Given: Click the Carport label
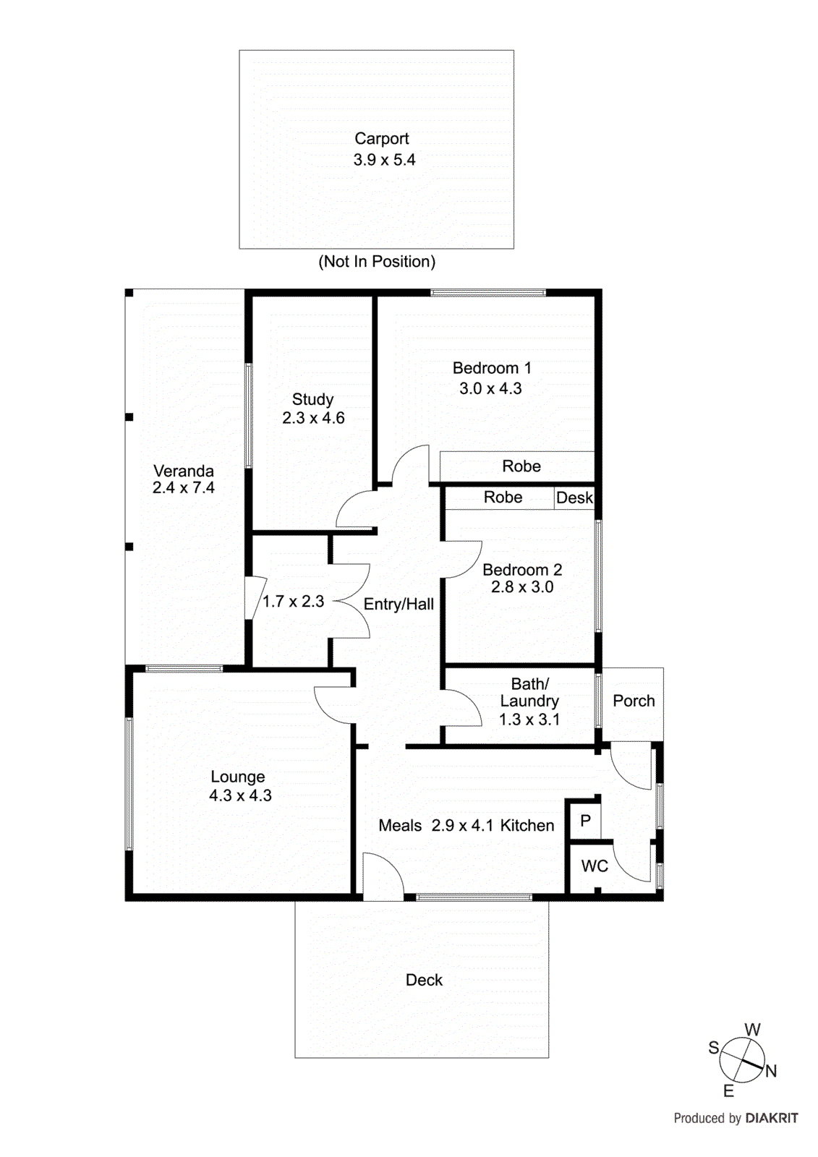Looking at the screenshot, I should pos(381,138).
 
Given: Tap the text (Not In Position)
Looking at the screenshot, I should pos(377,262).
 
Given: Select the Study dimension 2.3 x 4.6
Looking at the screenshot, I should pos(313,418).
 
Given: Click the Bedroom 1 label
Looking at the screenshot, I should pos(492,368).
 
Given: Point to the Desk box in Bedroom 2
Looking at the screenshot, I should pos(574,498).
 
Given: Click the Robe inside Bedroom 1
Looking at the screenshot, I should pos(521,466).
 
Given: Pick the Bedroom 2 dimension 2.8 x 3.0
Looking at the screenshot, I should pos(522,587).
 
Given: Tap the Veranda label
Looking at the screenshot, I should pos(184,471).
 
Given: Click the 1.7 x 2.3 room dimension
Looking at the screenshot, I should pos(293,602).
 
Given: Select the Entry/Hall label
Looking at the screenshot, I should pos(399,605).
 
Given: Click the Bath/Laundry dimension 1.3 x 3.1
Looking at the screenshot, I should pos(529,720).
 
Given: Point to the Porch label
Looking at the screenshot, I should pos(634,701).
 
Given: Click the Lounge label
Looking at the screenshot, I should pos(238,777).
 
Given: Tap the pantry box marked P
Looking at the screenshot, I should pos(585,821).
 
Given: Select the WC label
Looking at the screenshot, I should pos(595,866).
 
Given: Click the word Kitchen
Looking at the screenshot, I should pos(527,826).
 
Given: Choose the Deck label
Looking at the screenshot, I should pos(424,980).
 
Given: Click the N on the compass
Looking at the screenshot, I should pos(771,1072).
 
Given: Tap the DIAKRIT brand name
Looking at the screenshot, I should pos(772,1119).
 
